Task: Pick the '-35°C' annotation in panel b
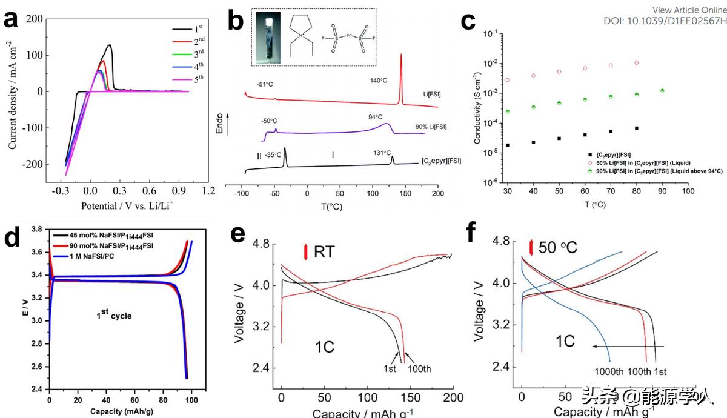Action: point(273,155)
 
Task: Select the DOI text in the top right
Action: point(665,21)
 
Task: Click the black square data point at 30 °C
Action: point(506,145)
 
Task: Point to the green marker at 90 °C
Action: point(662,91)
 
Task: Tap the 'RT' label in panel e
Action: point(324,251)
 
